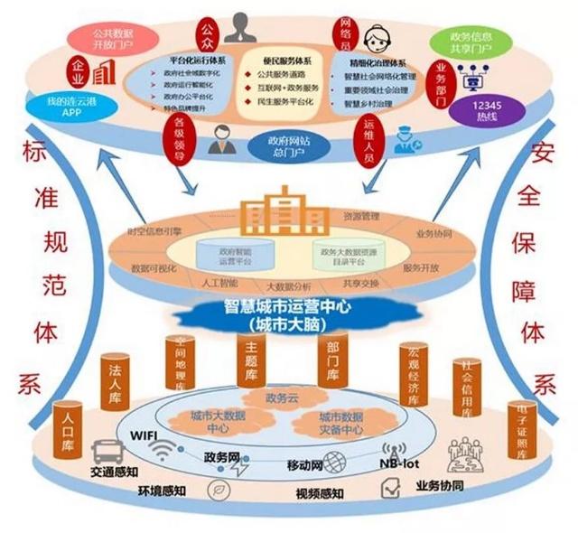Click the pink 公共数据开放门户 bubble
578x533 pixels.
coord(107,39)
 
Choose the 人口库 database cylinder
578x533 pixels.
coord(69,422)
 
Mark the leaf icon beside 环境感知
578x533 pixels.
coord(216,489)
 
